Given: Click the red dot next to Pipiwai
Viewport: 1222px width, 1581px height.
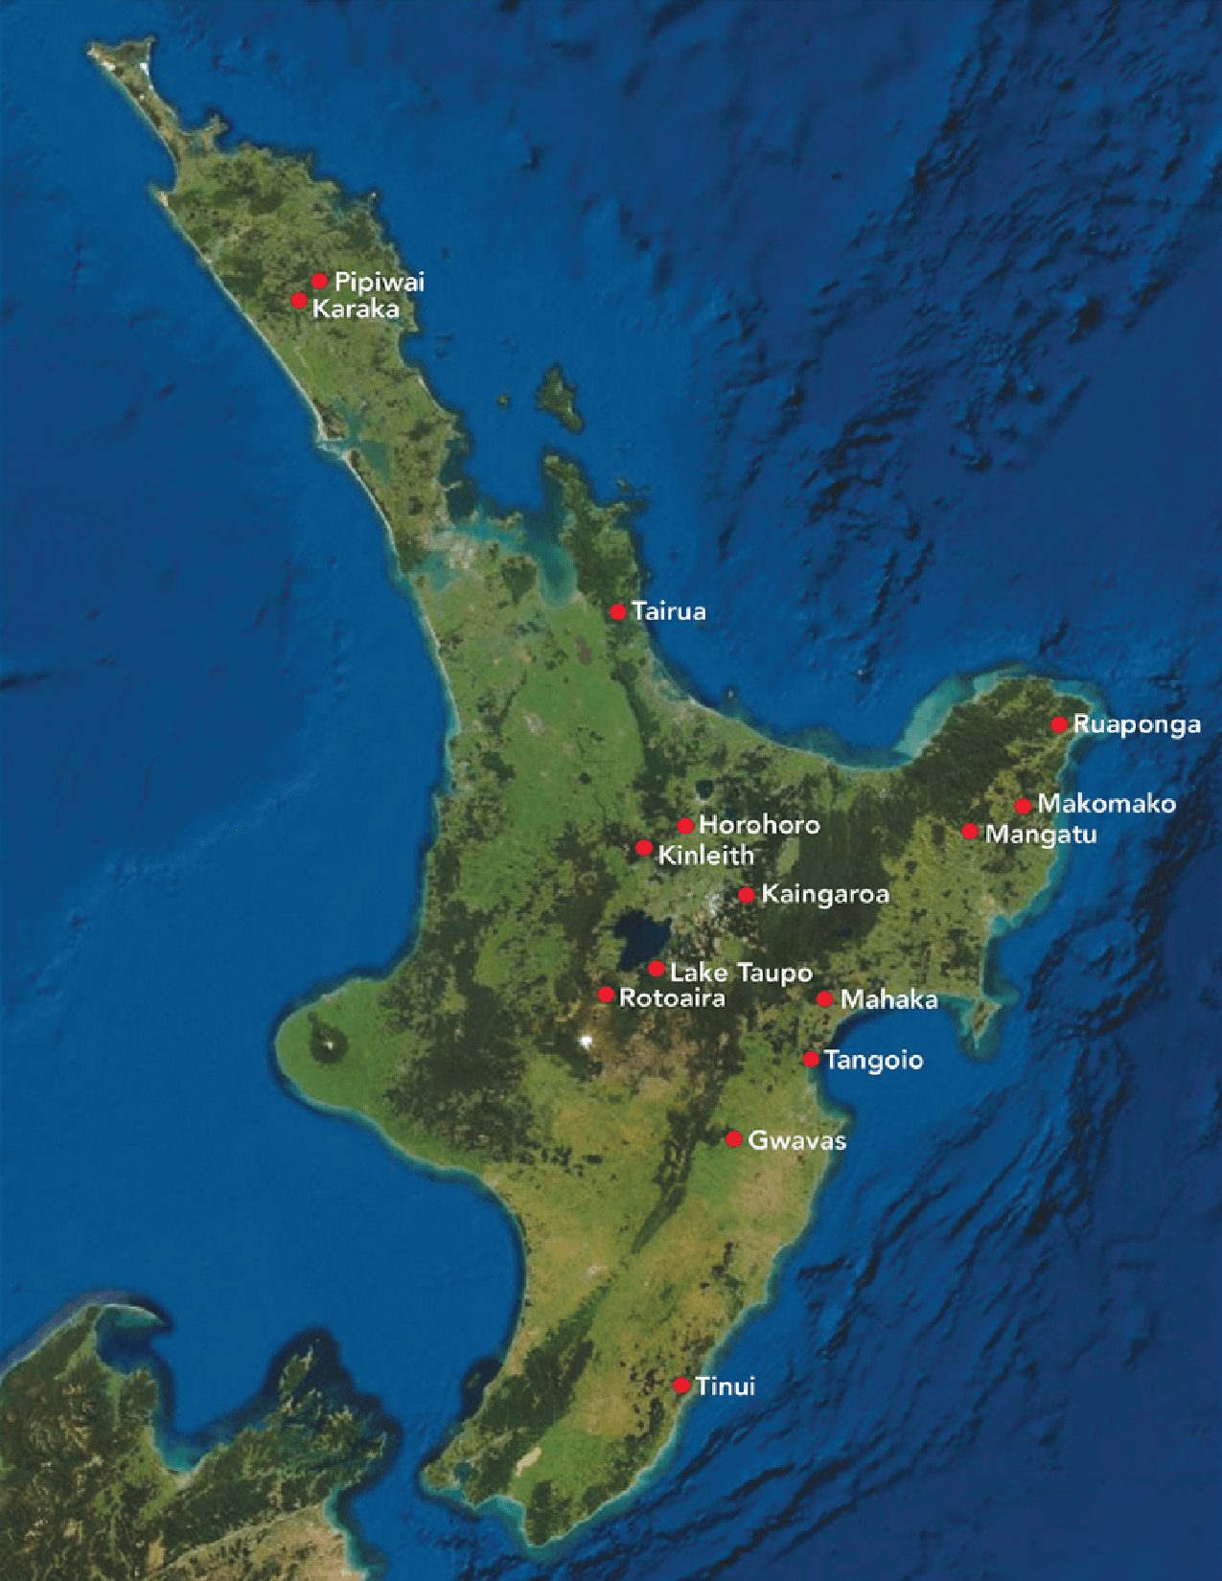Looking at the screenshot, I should click(319, 281).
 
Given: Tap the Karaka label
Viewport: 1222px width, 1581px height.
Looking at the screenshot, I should click(356, 309).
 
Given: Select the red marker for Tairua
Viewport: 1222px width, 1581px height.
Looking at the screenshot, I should click(618, 611).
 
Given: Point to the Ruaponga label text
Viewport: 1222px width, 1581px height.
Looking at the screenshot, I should click(1137, 724).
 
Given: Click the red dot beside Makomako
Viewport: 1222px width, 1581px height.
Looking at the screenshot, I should click(1024, 806).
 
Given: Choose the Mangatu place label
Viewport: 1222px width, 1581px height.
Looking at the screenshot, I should click(1041, 834).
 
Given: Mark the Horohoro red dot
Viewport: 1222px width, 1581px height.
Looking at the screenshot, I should click(685, 826).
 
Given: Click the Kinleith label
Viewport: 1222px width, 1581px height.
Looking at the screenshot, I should click(705, 855).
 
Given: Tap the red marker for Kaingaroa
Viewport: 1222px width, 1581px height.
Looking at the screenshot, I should click(747, 895).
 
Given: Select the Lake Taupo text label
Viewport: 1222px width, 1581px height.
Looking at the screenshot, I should click(741, 973).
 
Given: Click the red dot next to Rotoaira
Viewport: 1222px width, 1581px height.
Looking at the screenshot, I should click(606, 995).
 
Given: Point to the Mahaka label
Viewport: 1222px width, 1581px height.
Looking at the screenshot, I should click(888, 999).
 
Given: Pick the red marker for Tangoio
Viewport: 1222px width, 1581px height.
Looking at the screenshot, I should click(811, 1059).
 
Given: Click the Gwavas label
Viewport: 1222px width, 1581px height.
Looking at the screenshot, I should click(796, 1140).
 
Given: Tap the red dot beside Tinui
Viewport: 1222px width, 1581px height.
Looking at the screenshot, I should click(681, 1386).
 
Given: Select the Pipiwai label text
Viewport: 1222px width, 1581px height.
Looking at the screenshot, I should click(380, 282).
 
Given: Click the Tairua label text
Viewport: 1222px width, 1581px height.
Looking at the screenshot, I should click(669, 611).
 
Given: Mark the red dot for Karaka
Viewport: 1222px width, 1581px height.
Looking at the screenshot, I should click(299, 301).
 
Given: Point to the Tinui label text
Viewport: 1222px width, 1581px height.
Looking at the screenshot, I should click(726, 1386).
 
